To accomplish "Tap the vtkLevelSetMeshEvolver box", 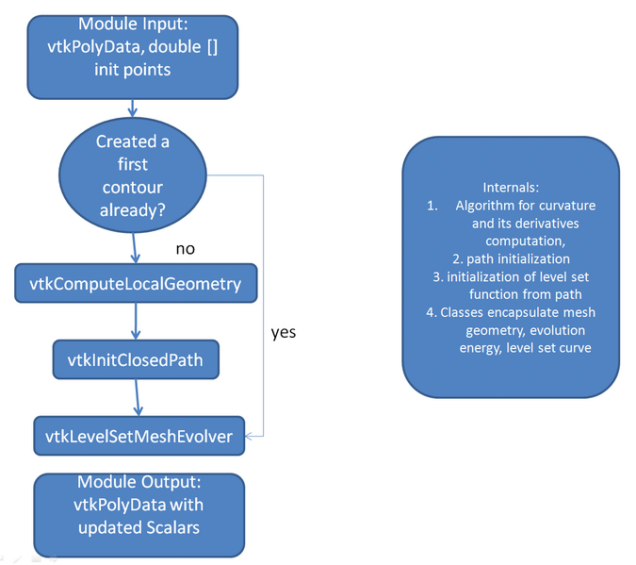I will (139, 435).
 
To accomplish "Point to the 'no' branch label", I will (187, 249).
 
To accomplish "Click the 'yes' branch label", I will (284, 333).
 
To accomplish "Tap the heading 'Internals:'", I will (510, 188).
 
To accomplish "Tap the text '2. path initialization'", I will (510, 258).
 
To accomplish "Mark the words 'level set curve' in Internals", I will (558, 347).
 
